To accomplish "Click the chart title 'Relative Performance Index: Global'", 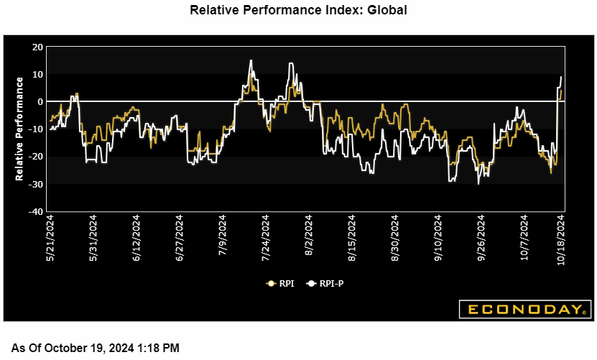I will [298, 10].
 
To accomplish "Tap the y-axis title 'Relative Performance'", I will [19, 129].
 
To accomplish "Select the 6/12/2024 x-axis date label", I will [136, 235].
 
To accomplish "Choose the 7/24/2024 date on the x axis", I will [266, 235].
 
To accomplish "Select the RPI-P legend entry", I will [325, 284].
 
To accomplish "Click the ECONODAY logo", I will [524, 310].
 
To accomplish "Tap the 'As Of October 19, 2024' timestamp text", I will [95, 348].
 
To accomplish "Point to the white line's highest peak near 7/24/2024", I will [251, 60].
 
